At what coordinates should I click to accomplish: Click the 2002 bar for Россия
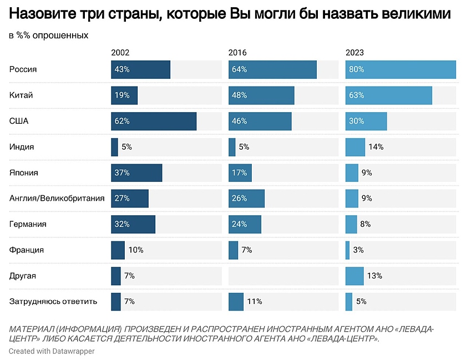(140, 69)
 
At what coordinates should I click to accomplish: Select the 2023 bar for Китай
(388, 95)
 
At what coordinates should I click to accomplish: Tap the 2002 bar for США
(154, 121)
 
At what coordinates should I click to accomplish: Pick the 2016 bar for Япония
(240, 173)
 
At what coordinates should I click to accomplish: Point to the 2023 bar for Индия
(355, 147)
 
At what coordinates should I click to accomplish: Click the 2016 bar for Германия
(245, 224)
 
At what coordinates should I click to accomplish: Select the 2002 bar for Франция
(118, 250)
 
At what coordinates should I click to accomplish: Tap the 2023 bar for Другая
(354, 276)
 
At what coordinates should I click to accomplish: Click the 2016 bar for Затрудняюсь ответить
(236, 301)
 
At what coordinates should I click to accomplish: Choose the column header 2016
(237, 53)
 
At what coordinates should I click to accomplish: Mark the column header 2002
(120, 53)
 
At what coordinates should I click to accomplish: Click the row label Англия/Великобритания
(57, 198)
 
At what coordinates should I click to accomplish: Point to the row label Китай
(21, 95)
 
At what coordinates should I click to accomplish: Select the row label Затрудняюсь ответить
(53, 301)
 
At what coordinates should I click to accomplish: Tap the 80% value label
(356, 69)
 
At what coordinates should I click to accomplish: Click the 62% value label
(122, 121)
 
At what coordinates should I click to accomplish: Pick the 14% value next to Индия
(376, 147)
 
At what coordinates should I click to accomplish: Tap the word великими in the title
(416, 15)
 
